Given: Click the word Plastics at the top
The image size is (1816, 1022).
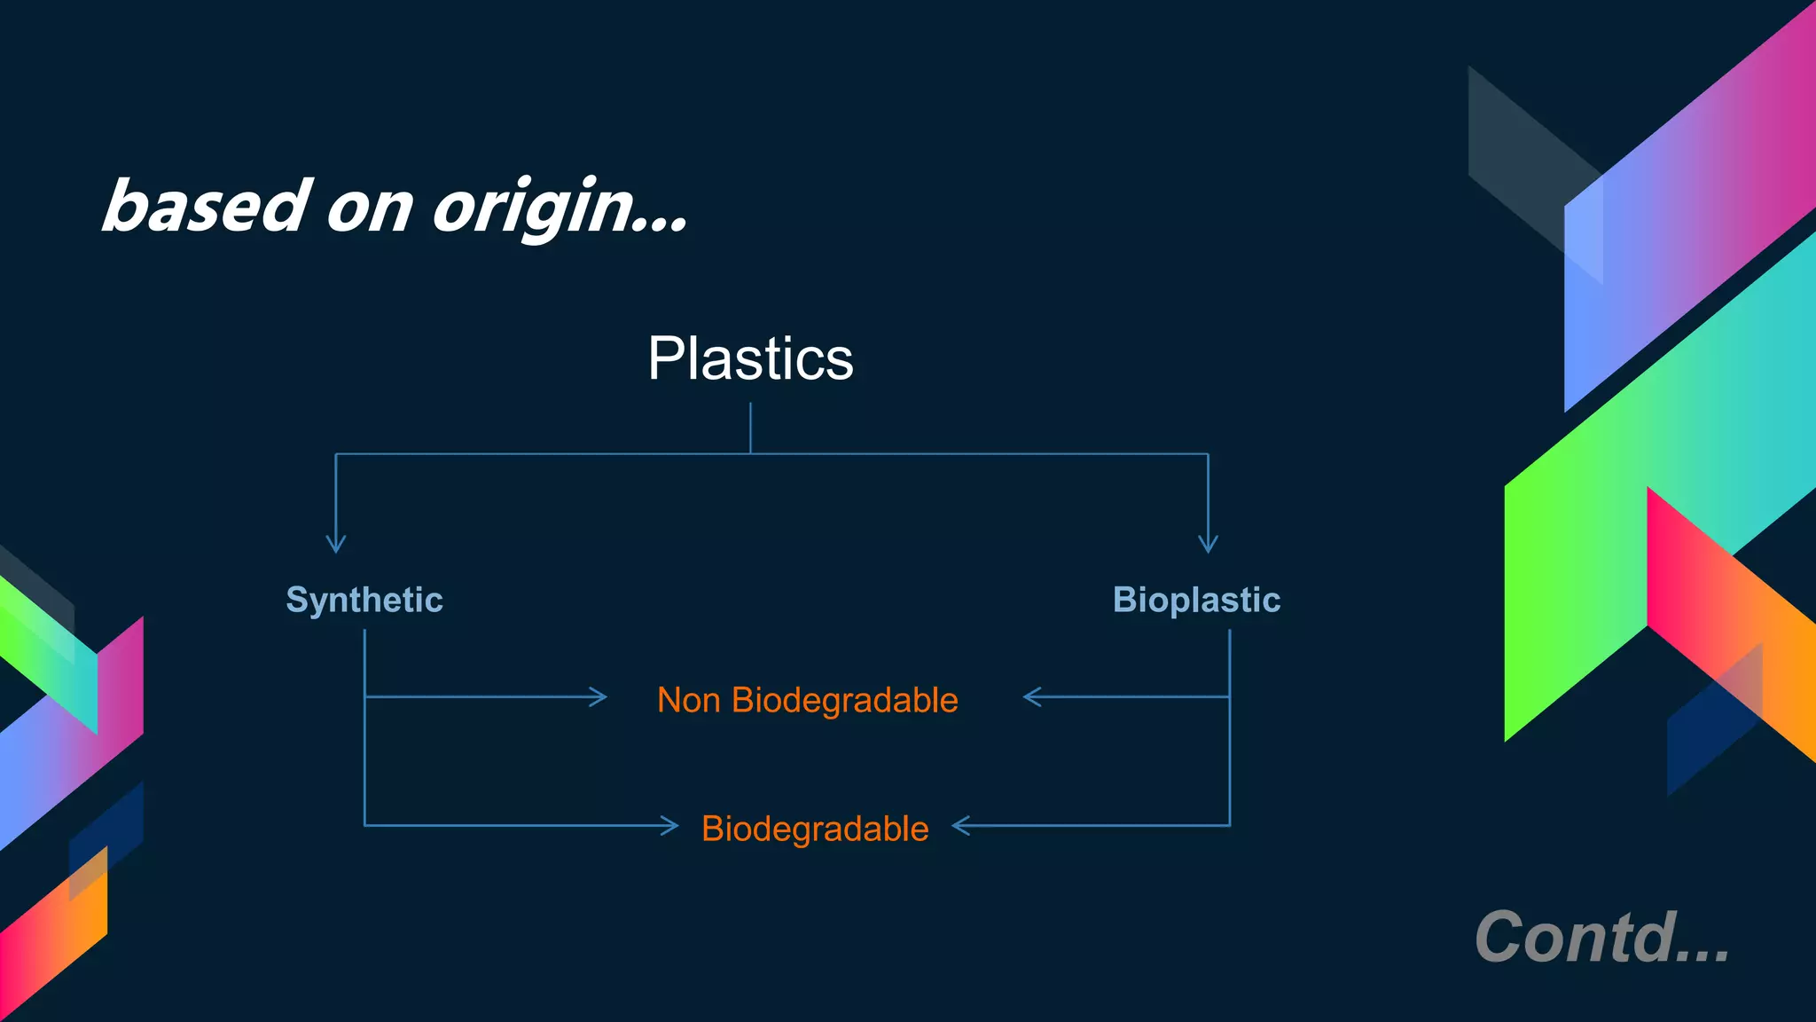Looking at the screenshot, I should click(x=750, y=359).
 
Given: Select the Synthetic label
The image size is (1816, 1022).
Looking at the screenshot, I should click(x=364, y=601).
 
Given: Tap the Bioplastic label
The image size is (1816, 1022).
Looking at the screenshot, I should click(x=1196, y=601).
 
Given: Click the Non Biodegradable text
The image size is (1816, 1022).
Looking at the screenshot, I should click(x=807, y=701).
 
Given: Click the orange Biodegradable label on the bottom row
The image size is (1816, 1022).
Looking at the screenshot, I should click(x=814, y=829).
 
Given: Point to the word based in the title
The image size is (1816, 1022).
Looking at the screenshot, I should click(x=207, y=207).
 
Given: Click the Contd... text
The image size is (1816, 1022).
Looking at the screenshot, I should click(x=1601, y=937).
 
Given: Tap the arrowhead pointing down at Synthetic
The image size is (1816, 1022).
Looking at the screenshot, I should click(x=335, y=543).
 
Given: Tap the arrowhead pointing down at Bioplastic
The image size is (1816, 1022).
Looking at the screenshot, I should click(x=1208, y=543).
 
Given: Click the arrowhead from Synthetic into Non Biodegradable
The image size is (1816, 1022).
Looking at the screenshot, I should click(x=599, y=697).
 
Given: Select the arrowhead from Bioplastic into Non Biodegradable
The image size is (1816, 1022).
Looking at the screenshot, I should click(x=1031, y=697).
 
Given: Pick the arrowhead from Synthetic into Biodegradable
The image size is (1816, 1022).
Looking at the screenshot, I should click(x=670, y=826).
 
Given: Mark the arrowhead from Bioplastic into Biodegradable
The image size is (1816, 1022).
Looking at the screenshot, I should click(x=960, y=826).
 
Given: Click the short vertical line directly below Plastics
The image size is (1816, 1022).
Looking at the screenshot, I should click(x=750, y=428).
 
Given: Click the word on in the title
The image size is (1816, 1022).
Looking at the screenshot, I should click(x=370, y=208).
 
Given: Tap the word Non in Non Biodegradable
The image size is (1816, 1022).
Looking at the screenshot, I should click(x=688, y=701).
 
